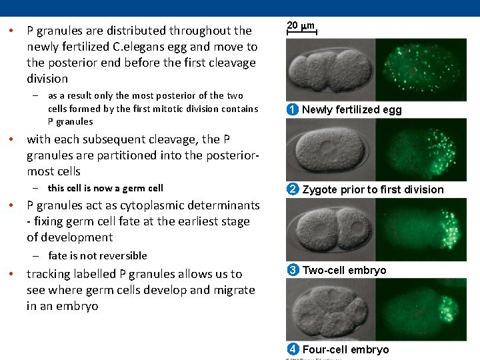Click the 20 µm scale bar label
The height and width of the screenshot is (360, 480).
coord(300,25)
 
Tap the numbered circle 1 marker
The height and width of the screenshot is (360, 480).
coord(293,110)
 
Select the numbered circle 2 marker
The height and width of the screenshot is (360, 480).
coord(293,189)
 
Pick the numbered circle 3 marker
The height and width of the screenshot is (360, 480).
coord(293,270)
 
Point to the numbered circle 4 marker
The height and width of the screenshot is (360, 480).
coord(293,349)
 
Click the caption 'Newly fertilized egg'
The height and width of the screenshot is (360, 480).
coord(352,110)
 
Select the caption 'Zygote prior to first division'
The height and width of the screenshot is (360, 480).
coord(373,189)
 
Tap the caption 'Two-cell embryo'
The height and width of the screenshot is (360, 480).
coord(344,270)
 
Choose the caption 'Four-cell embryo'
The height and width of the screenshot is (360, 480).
coord(345,349)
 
